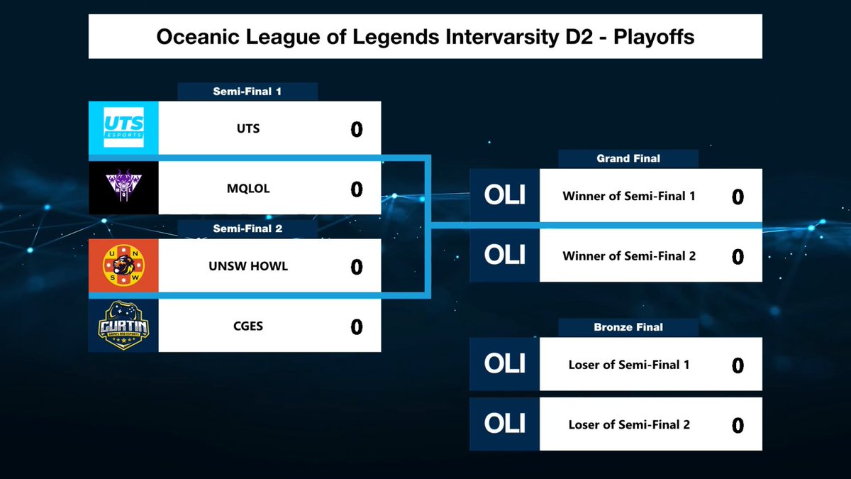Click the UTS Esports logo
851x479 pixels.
123,128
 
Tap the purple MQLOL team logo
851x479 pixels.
123,188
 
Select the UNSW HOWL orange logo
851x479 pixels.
123,266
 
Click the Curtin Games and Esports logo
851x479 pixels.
123,326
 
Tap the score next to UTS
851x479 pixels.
356,129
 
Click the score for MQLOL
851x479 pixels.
356,189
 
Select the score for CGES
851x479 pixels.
356,326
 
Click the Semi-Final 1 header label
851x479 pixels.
247,92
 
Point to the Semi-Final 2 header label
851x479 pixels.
247,229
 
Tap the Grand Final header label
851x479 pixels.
628,159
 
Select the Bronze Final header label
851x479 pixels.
628,327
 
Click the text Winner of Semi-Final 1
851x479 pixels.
628,196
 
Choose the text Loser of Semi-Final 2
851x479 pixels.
628,424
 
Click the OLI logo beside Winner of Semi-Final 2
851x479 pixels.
504,255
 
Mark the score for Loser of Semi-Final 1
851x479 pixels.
738,365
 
